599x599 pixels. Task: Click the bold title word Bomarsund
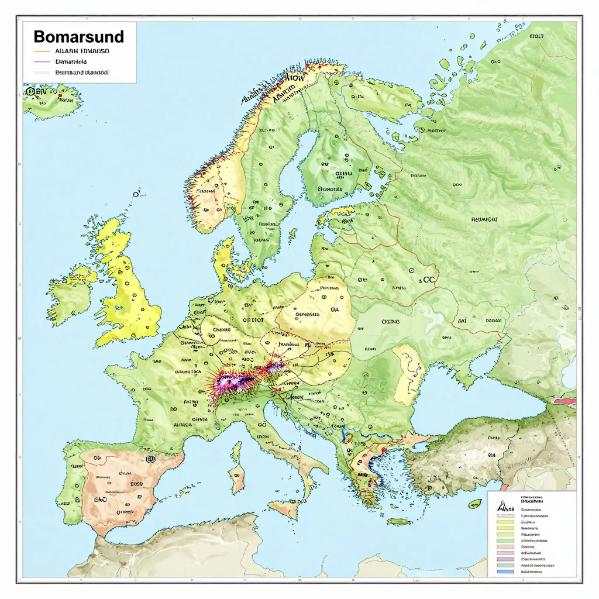(78, 37)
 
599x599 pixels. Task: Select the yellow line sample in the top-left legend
(42, 51)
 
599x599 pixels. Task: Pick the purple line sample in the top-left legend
(42, 61)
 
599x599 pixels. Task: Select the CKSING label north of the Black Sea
(391, 321)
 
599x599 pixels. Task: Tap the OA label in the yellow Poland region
(335, 311)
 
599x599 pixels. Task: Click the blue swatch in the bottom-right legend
(504, 572)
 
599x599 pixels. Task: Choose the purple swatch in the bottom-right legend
(504, 559)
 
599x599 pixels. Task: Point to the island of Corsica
(236, 451)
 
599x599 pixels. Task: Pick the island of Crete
(399, 521)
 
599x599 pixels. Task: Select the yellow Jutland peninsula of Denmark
(223, 260)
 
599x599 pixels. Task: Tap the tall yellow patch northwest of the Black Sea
(408, 374)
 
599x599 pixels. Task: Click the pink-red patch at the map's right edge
(564, 401)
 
